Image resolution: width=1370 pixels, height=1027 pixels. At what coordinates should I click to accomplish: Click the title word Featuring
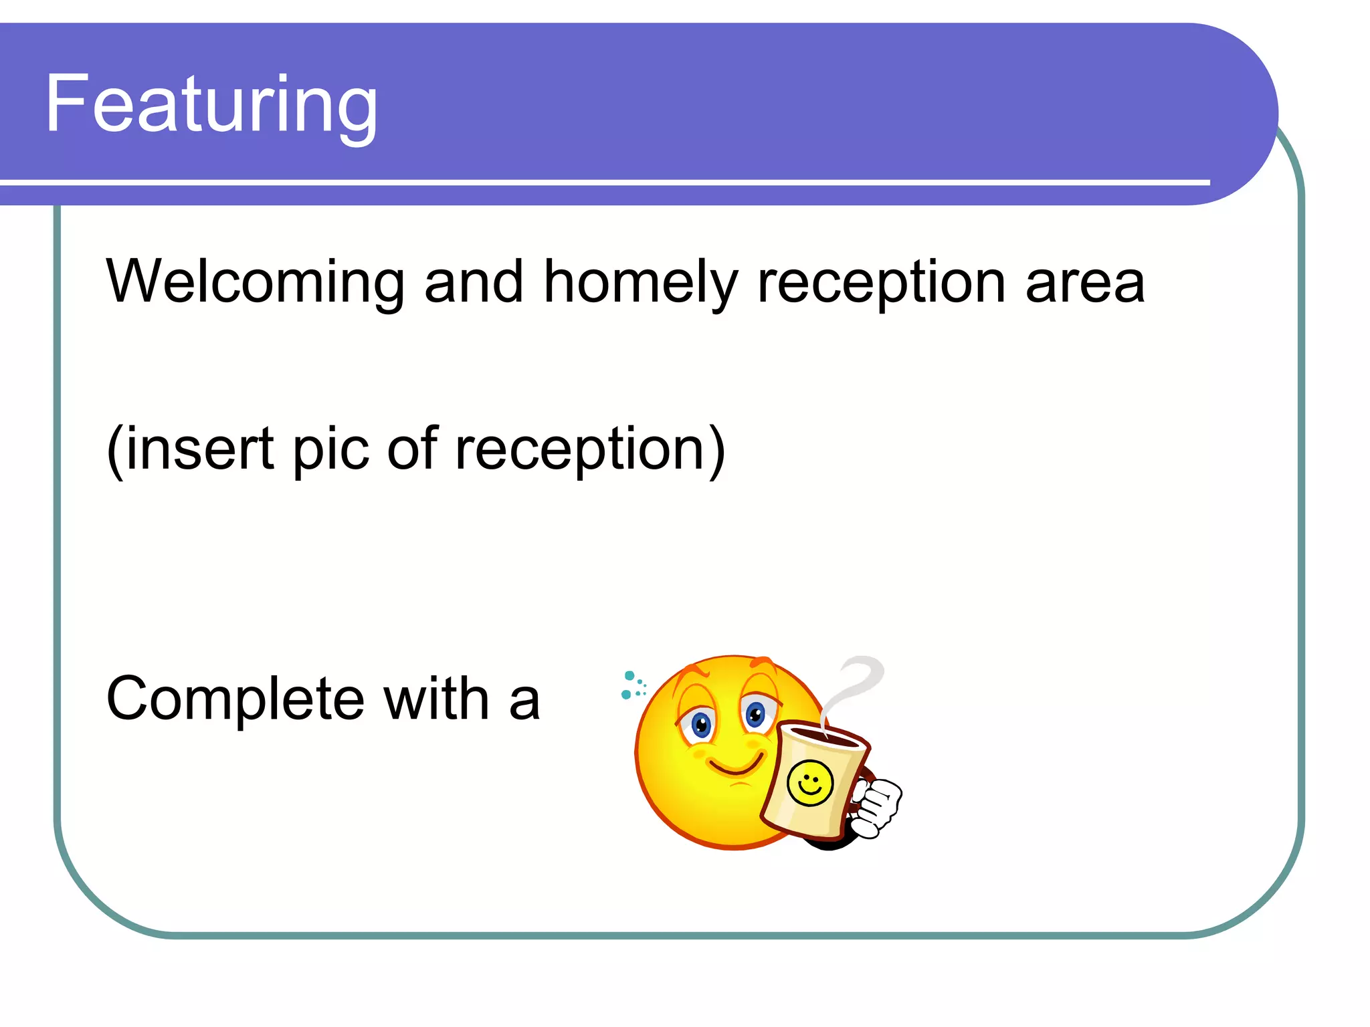tap(211, 106)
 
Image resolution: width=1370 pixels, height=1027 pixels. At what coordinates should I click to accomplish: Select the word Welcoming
tap(255, 282)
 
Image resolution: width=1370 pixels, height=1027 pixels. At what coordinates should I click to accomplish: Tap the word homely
tap(640, 282)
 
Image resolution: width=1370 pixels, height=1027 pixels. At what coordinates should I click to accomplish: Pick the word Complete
tap(235, 699)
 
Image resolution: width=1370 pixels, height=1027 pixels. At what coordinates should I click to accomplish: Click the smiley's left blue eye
tap(700, 724)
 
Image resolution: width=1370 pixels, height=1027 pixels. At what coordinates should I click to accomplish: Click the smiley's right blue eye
tap(755, 715)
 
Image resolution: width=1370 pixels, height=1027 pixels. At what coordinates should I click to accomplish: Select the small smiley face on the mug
tap(810, 784)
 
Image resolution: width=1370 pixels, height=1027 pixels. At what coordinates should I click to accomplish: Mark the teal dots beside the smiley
tap(632, 685)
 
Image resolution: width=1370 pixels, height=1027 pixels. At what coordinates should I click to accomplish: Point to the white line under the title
tap(602, 182)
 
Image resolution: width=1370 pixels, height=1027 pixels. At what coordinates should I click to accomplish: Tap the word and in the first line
tap(473, 282)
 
